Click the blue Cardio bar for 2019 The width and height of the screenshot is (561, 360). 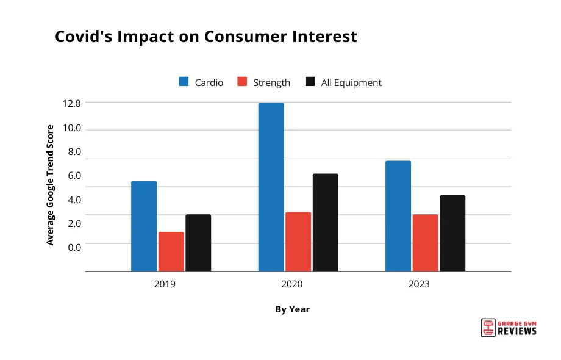pos(144,226)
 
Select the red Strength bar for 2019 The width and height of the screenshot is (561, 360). pos(171,251)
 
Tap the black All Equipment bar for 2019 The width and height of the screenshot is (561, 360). pos(198,243)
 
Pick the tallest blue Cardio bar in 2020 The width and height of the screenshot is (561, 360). pos(271,187)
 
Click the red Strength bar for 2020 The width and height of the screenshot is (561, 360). pos(298,242)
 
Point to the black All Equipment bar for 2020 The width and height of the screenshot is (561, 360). pos(325,222)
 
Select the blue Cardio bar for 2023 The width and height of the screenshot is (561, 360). pos(398,216)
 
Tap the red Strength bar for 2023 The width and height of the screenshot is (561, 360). pos(425,243)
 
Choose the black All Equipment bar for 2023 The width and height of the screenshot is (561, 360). pos(452,233)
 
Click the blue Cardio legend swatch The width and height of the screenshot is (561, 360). pos(184,82)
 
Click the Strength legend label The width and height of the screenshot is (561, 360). pos(271,82)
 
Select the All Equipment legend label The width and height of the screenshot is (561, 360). pos(351,82)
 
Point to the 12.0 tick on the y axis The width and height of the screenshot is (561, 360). pos(71,104)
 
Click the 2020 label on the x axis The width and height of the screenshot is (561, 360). pos(292,284)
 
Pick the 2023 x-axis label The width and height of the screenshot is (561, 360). pos(419,284)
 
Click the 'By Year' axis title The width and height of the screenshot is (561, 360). pos(292,309)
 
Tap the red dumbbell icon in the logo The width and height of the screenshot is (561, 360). pos(487,327)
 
